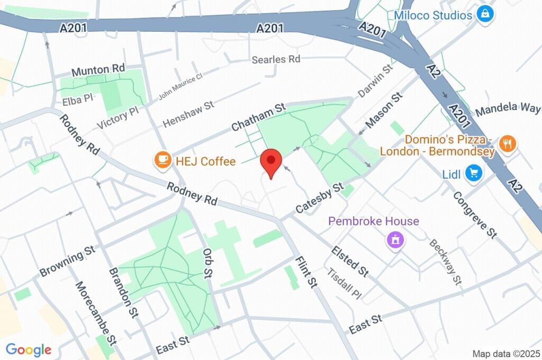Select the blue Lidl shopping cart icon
click(x=474, y=173)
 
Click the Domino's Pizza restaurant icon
click(x=507, y=143)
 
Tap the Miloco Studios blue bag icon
click(x=484, y=14)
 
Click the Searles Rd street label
click(x=276, y=59)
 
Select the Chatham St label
click(x=259, y=118)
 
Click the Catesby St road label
click(x=320, y=199)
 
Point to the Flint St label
click(x=306, y=272)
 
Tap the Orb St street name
click(x=207, y=262)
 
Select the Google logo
click(x=29, y=349)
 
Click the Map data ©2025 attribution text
click(x=506, y=354)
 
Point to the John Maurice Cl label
click(x=180, y=86)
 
